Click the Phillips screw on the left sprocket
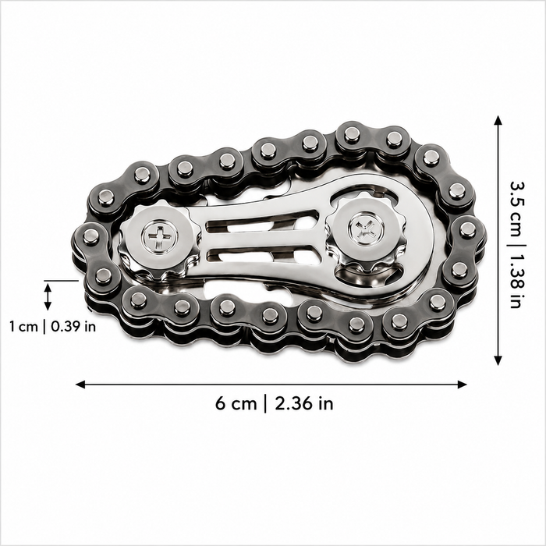tap(159, 237)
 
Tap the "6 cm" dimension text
tap(236, 404)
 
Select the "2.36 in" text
tap(304, 404)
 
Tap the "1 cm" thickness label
tap(23, 327)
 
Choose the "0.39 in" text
tap(73, 327)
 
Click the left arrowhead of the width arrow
tap(80, 385)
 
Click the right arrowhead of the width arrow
tap(462, 385)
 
